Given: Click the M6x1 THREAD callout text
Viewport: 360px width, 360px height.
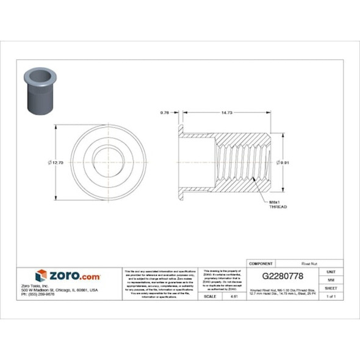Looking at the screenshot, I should (278, 204).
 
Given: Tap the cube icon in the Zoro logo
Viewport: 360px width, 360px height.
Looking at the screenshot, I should (41, 276).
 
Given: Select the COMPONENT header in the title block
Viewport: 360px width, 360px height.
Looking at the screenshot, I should (261, 263).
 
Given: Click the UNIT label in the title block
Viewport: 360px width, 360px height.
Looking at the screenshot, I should (331, 271).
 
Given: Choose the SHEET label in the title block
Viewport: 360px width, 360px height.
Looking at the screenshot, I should (331, 287).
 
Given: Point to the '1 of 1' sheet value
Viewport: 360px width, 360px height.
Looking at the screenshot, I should (331, 296).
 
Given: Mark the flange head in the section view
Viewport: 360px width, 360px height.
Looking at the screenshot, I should (181, 162).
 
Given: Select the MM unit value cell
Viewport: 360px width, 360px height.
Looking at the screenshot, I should (331, 279).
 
